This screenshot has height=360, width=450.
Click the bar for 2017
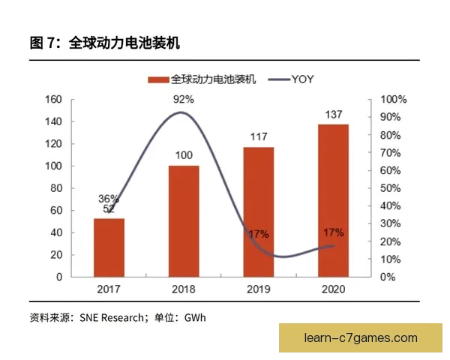[109, 247]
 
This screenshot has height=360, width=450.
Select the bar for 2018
[184, 221]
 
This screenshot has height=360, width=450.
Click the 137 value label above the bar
[334, 115]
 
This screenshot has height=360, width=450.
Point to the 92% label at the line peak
[184, 99]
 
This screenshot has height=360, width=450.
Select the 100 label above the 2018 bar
[184, 156]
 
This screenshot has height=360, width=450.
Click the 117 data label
[259, 138]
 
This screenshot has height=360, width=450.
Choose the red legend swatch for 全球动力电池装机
[158, 79]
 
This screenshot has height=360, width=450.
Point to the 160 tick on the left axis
[52, 100]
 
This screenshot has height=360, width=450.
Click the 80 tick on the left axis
[55, 188]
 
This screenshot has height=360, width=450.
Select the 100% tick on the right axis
[394, 100]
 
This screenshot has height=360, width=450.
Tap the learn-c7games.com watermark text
[361, 338]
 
